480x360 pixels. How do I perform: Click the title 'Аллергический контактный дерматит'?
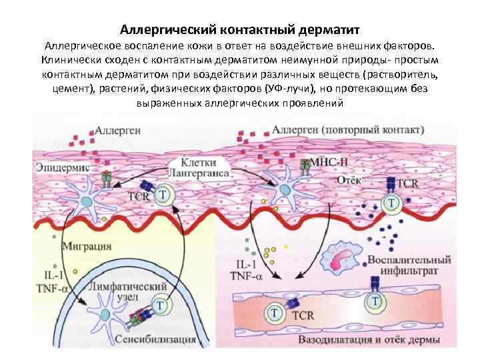(240, 30)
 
